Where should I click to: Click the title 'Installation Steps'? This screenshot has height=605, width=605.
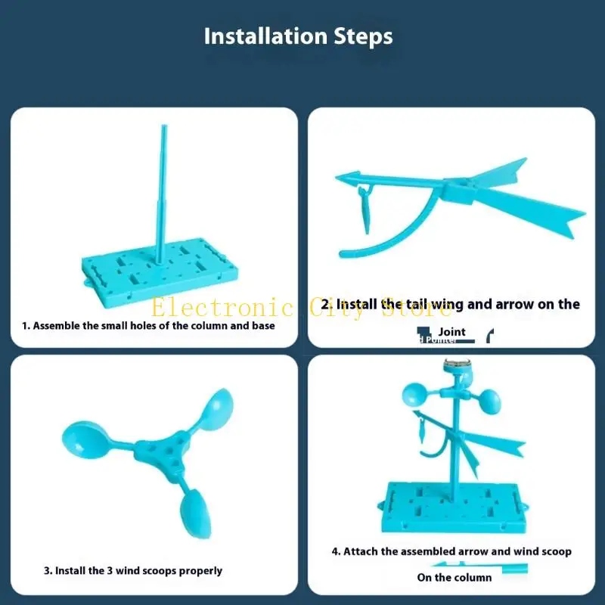(298, 36)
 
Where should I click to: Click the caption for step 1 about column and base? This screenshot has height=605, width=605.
(148, 326)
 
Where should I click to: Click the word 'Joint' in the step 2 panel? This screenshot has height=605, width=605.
(451, 331)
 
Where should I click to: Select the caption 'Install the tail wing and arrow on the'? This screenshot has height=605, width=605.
(451, 304)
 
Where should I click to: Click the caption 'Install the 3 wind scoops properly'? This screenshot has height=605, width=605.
(132, 571)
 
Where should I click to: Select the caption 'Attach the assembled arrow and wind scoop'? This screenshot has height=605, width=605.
(451, 551)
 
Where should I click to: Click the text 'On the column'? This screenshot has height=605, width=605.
(454, 577)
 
